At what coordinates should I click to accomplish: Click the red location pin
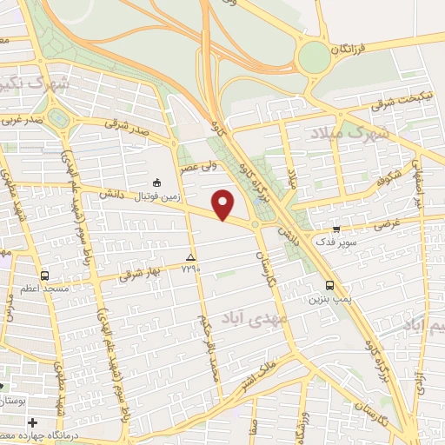tap(224, 203)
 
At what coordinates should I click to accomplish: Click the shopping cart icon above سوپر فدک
tap(335, 229)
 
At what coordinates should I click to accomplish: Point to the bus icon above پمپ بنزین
tap(329, 285)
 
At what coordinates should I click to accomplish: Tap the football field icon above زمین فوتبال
tap(156, 183)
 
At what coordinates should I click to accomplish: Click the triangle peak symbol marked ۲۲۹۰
tap(190, 258)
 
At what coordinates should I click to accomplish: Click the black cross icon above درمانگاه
tap(32, 422)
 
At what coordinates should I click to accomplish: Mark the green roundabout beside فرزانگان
tap(312, 57)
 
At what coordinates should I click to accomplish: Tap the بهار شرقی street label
tap(132, 275)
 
